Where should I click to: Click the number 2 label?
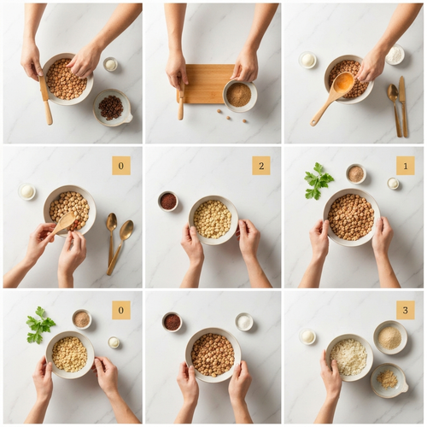261,166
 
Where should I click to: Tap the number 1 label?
406,166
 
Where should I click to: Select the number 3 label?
406,310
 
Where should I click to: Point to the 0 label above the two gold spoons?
121,166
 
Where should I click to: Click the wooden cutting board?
205,84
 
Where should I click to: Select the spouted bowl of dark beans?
113,108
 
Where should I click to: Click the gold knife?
403,106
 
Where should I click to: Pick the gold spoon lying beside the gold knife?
395,108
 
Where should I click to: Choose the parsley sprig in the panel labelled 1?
318,181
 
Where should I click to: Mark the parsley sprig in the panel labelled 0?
40,325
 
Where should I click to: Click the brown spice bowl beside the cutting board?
240,96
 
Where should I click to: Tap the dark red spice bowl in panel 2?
168,201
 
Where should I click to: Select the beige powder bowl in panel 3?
390,337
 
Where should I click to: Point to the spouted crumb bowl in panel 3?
389,380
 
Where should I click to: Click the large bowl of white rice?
349,358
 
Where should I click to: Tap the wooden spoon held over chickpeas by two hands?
64,224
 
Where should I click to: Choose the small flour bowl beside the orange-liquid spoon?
395,55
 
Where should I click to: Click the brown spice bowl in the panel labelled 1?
356,173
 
